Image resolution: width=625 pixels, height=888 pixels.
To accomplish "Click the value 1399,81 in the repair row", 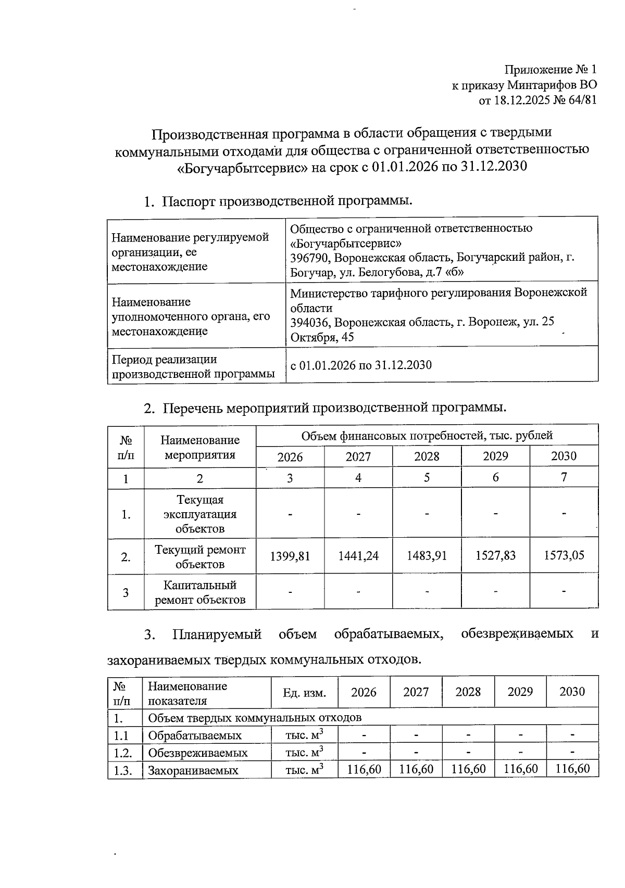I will pos(290,556).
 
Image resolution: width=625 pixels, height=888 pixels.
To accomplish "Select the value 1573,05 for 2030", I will pos(564,555).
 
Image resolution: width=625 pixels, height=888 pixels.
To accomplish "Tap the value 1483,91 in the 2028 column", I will pos(427,556).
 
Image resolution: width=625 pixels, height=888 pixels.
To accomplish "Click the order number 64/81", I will pos(582,100).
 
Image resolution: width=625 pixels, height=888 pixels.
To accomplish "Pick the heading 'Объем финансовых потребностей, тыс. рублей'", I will pos(427,436).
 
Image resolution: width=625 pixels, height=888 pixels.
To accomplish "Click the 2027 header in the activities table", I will pos(358,457).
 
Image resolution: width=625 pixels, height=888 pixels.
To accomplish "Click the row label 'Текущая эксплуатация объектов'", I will pos(200,514).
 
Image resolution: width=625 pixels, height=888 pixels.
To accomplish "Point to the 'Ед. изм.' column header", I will pos(304,693).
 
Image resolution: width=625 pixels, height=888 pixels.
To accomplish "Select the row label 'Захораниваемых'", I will pos(193,770).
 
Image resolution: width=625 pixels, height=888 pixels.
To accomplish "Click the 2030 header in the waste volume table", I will pos(572,692).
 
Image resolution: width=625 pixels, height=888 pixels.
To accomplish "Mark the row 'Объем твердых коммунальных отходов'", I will pos(255,718).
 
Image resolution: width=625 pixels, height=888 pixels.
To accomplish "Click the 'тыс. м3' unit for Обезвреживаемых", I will pos(304,753).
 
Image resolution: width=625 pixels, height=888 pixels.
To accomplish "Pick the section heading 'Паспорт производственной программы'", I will pos(287,201).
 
